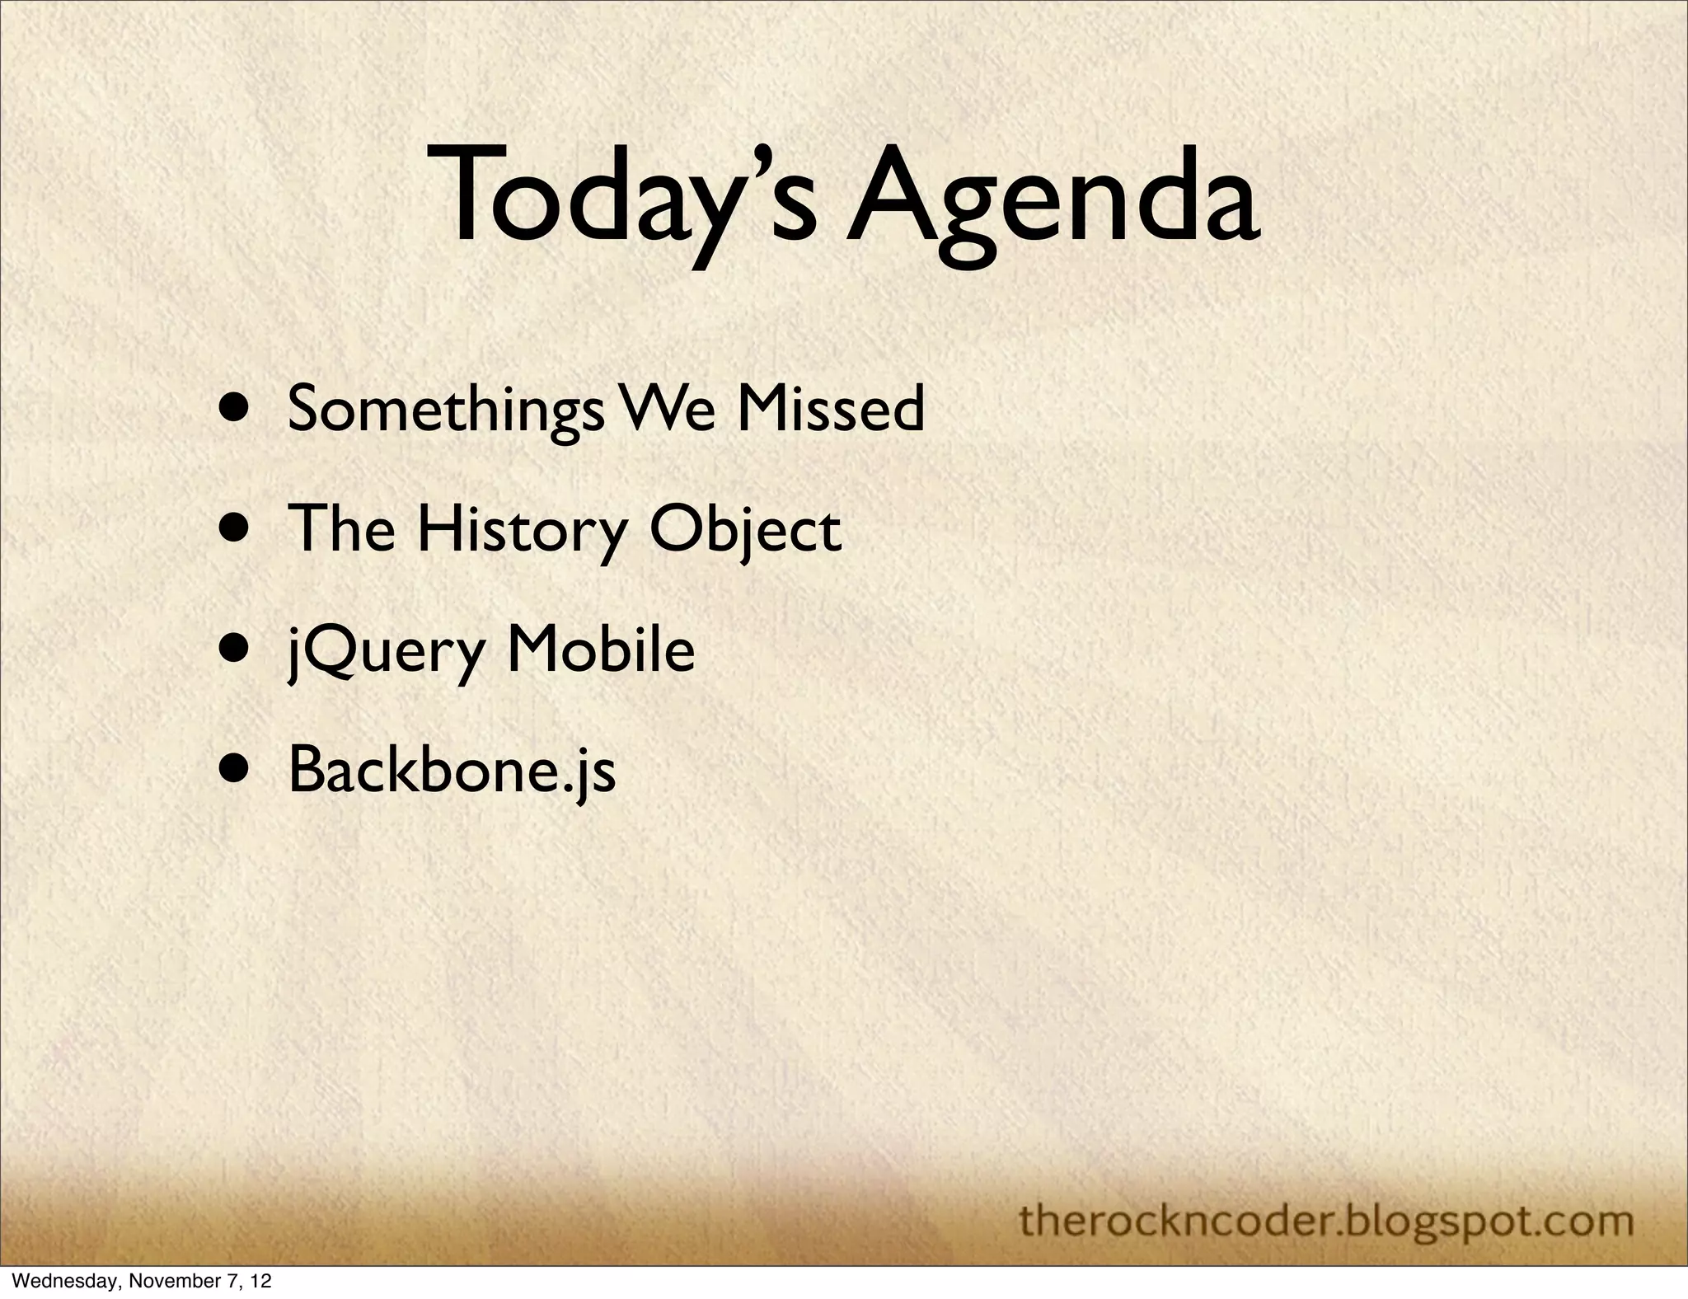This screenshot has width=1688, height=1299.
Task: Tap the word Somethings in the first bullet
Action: coord(444,410)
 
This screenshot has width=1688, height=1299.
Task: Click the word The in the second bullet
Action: coord(341,530)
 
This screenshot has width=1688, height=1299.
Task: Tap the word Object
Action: coord(746,530)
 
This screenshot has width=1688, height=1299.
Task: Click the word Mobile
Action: coord(601,651)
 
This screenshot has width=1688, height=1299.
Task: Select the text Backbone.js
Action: coord(452,771)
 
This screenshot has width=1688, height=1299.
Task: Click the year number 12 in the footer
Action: coord(260,1282)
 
